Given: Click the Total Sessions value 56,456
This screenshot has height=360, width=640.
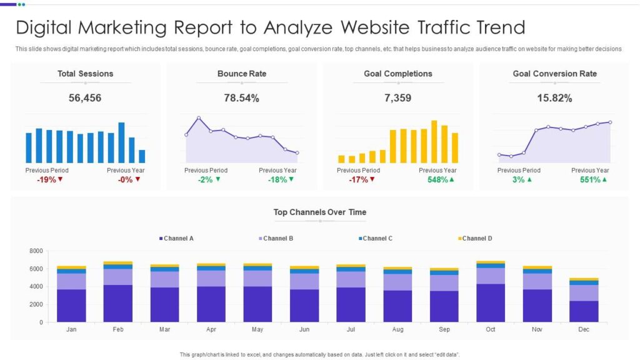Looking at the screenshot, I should click(86, 98).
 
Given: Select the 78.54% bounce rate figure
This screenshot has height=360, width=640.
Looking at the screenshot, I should click(241, 98).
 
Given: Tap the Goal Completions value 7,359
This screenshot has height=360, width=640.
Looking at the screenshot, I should click(398, 98).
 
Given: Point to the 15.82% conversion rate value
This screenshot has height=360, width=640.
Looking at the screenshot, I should click(554, 98).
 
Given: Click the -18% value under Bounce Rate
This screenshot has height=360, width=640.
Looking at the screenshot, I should click(278, 180).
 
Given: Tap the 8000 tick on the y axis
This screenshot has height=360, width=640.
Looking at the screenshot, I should click(36, 251).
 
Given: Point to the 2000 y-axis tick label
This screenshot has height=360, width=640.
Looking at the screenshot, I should click(36, 304).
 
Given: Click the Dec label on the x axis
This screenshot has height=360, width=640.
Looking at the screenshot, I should click(584, 329).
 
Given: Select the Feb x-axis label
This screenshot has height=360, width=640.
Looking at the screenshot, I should click(118, 329).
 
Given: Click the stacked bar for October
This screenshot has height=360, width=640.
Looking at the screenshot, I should click(491, 294).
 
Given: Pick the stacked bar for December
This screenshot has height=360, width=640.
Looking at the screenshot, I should click(584, 303).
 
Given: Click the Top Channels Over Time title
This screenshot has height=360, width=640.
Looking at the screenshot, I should click(319, 212).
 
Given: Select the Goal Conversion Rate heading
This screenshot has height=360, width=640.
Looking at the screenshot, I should click(554, 74).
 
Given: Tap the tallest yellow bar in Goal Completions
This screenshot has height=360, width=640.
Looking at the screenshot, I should click(434, 142).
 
